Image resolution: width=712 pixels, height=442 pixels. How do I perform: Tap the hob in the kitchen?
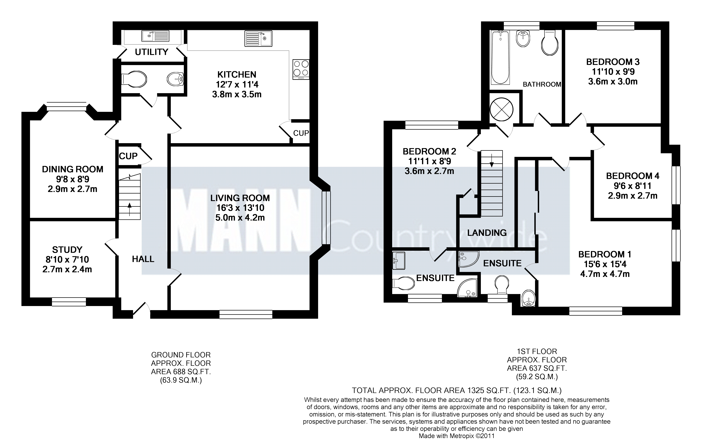click(301, 69)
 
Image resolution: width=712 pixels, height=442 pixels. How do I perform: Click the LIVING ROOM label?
click(240, 198)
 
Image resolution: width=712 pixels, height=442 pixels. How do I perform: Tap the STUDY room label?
click(67, 250)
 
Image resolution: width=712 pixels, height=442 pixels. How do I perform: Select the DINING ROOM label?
click(73, 169)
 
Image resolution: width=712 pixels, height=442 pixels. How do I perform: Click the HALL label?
click(143, 259)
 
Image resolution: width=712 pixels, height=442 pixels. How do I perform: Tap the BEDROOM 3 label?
click(613, 62)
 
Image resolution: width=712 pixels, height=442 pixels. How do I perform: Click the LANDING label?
click(487, 233)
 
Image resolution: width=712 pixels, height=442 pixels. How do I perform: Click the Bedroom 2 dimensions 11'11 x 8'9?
click(429, 161)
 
